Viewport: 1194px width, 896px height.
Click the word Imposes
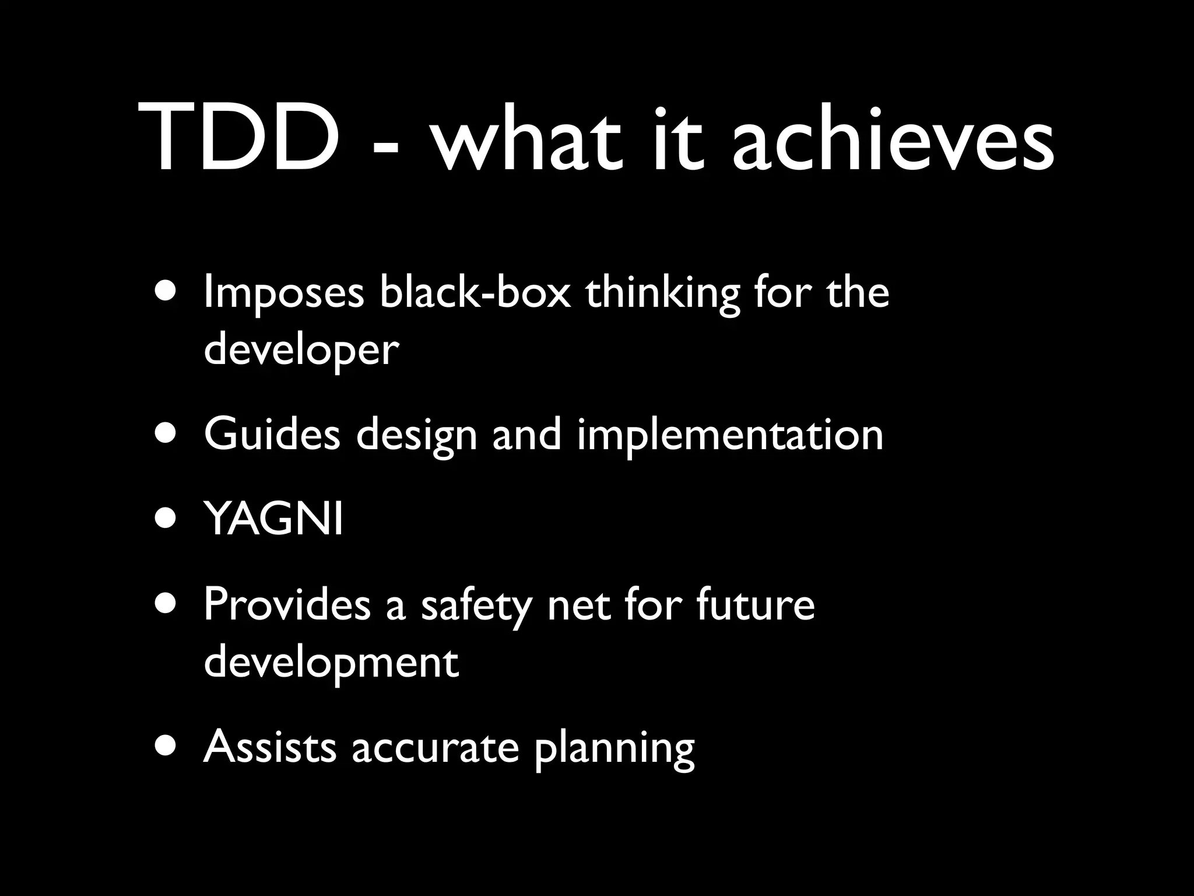coord(284,293)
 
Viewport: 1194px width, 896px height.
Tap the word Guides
coord(272,435)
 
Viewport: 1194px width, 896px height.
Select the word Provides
coord(287,605)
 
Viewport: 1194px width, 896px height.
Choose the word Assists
coord(270,747)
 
